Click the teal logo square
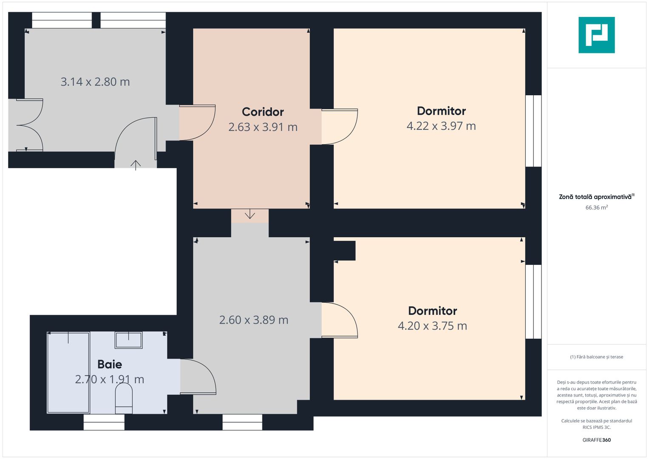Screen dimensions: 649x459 click(x=597, y=35)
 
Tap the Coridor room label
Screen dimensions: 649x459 click(x=263, y=112)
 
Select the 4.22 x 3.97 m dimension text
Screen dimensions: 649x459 click(x=441, y=126)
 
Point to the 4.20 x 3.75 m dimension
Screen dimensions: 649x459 click(x=433, y=326)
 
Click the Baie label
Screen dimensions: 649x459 click(x=110, y=364)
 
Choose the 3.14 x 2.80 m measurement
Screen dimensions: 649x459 click(x=95, y=82)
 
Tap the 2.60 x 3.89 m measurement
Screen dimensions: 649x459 click(x=254, y=320)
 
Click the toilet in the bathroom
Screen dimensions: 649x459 click(x=124, y=399)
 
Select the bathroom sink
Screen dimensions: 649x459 click(x=129, y=340)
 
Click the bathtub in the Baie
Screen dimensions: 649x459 click(x=68, y=373)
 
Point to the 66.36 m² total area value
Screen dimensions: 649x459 click(x=597, y=207)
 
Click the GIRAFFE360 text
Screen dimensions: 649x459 click(x=597, y=440)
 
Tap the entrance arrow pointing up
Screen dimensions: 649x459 click(x=136, y=165)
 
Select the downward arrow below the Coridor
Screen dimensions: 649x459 click(x=250, y=214)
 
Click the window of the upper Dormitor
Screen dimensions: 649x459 click(x=533, y=131)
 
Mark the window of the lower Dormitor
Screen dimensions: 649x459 click(x=533, y=302)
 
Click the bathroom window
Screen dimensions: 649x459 click(x=104, y=422)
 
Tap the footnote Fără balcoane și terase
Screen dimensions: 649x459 click(x=597, y=357)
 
